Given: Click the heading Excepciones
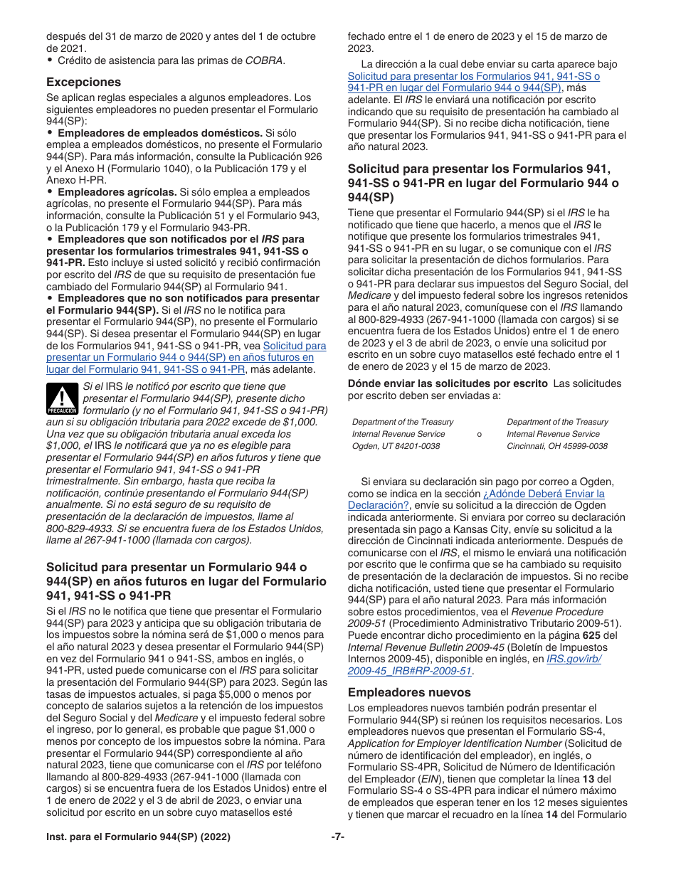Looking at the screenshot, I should click(x=83, y=82).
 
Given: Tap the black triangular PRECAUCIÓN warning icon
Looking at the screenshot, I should click(x=63, y=398).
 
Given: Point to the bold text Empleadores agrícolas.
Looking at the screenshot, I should click(x=117, y=192).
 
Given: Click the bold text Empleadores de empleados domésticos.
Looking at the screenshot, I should click(x=159, y=133).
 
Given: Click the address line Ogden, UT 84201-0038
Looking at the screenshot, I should click(x=396, y=446).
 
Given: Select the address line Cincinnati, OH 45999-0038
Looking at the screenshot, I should click(x=557, y=446).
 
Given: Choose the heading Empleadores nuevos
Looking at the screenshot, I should click(x=399, y=691).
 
